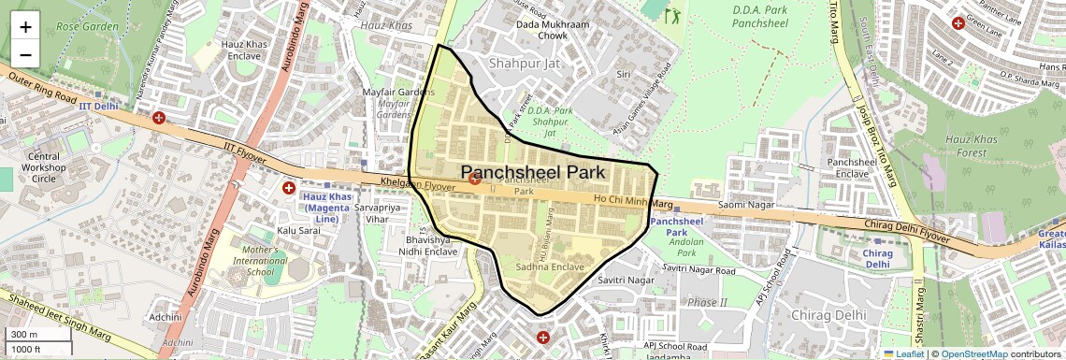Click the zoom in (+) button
(x=25, y=27)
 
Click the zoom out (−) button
(x=25, y=55)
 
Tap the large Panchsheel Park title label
(x=534, y=172)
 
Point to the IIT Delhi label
(x=97, y=106)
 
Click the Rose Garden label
(x=87, y=26)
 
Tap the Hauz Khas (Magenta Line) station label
(x=326, y=208)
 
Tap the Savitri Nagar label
(x=626, y=280)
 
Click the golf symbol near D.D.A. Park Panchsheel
(x=673, y=14)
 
